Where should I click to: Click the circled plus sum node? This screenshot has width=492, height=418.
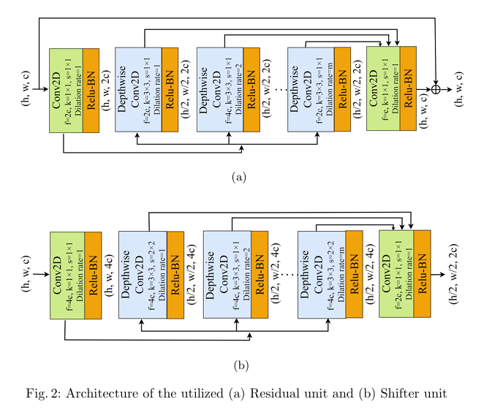point(436,89)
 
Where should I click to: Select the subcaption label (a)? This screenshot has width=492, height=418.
point(239,177)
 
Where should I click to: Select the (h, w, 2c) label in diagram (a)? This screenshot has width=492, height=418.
point(107,91)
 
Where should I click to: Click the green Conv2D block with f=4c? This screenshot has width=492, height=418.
point(67,275)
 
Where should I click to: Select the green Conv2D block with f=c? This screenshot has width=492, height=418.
point(382,88)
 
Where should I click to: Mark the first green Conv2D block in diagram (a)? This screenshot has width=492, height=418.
point(66,91)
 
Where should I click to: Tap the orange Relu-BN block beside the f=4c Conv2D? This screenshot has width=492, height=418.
point(93,275)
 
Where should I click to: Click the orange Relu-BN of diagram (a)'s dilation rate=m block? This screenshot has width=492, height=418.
point(342,89)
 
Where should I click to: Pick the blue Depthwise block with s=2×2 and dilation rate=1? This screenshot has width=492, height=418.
point(143,275)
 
